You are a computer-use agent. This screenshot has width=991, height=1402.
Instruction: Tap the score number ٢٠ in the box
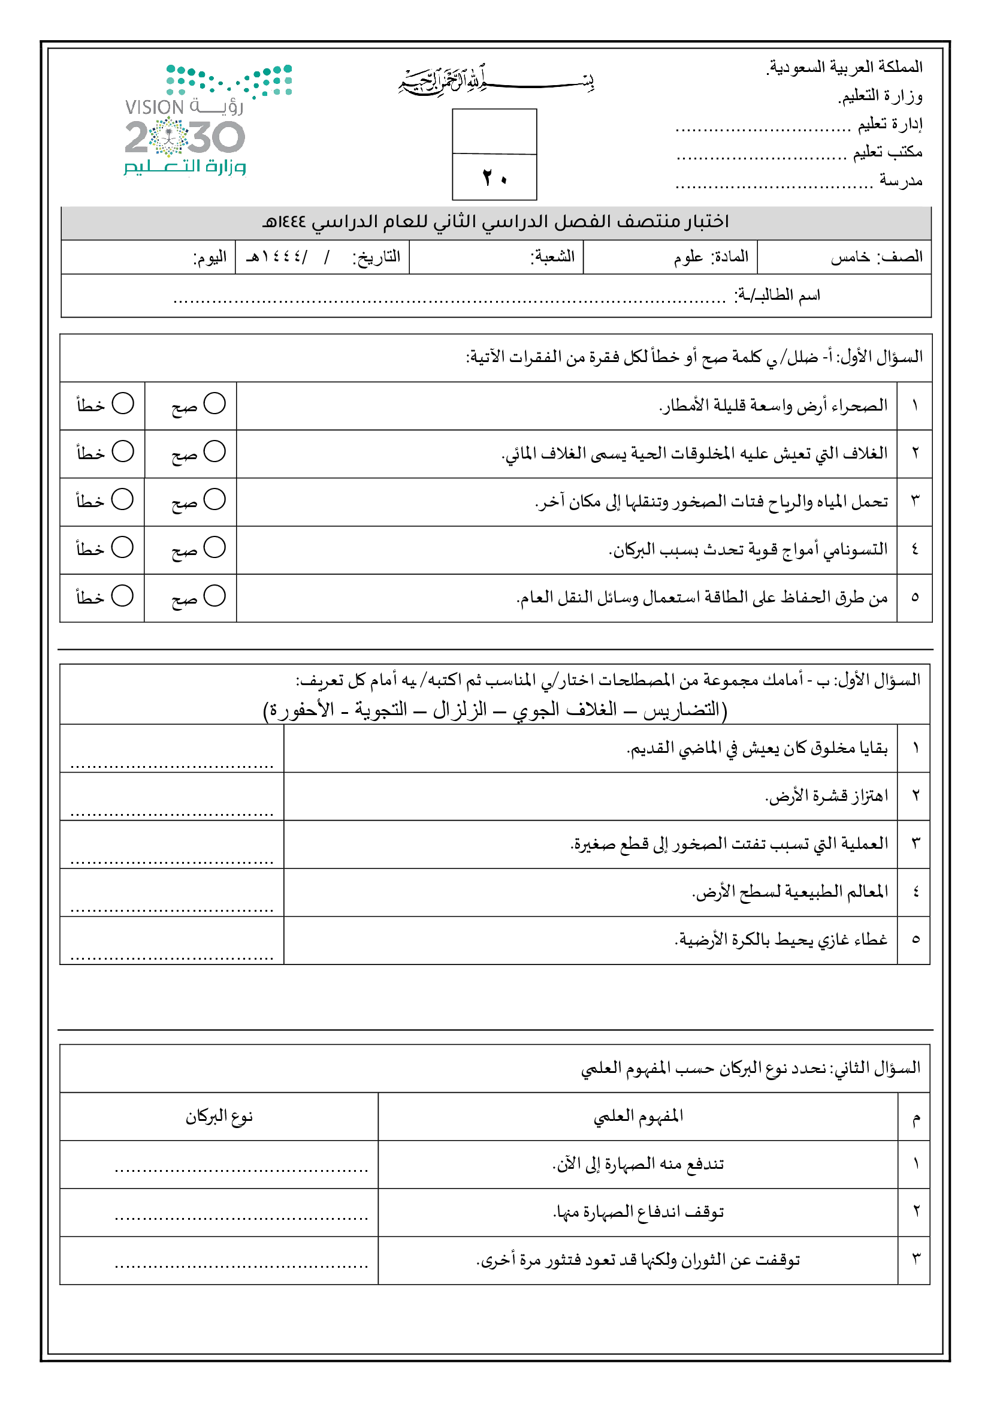point(494,177)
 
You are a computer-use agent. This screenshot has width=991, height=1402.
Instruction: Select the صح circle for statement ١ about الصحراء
point(215,403)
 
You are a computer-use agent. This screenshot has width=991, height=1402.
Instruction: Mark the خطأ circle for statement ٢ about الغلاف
point(123,452)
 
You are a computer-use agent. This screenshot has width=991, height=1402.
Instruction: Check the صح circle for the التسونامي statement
point(215,548)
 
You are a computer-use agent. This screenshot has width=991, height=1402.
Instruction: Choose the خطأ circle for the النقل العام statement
point(123,596)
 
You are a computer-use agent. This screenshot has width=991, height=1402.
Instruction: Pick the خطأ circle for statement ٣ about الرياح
point(123,499)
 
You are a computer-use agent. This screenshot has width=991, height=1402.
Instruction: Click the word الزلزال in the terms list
point(460,710)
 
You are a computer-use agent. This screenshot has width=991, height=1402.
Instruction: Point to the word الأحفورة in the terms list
point(301,710)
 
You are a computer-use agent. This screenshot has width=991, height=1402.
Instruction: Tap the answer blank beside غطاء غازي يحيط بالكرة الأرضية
point(172,949)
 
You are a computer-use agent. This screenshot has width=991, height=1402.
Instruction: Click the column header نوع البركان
point(219,1117)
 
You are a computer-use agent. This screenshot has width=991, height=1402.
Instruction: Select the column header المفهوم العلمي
point(638,1117)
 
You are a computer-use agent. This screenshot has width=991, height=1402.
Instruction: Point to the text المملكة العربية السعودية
point(845,67)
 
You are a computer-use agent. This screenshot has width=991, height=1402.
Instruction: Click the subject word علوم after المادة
point(688,257)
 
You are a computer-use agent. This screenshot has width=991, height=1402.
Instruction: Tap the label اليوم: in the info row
point(209,257)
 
